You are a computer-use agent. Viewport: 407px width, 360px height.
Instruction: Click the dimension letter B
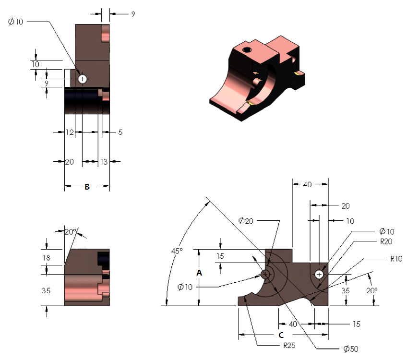[x=87, y=187]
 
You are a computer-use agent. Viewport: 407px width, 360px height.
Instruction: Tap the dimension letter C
[x=281, y=334]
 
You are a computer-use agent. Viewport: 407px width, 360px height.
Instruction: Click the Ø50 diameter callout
[x=350, y=349]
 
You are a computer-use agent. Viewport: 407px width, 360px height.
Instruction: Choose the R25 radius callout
[x=288, y=345]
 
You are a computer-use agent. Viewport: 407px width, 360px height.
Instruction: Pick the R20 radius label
[x=386, y=241]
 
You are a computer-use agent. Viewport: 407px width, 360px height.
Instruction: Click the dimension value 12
[x=70, y=132]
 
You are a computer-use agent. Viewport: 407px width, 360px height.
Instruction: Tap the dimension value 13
[x=103, y=162]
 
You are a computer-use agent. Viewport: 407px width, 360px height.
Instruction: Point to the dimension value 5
[x=120, y=132]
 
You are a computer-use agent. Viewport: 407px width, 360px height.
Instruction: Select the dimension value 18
[x=46, y=258]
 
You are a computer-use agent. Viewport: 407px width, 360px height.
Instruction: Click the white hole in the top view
[x=83, y=79]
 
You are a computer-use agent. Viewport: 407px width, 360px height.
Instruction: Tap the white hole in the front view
[x=319, y=274]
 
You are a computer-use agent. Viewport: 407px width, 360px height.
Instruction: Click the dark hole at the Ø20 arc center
[x=265, y=275]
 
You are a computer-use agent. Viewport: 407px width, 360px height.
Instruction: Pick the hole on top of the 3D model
[x=247, y=49]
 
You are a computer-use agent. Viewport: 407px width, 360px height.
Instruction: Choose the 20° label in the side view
[x=71, y=231]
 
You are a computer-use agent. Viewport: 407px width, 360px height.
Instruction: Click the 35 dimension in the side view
[x=46, y=290]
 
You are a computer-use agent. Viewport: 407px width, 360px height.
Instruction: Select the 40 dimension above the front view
[x=308, y=184]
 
